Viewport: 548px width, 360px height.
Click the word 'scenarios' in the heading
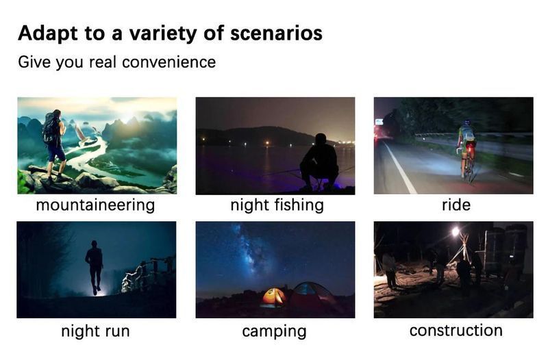coord(276,33)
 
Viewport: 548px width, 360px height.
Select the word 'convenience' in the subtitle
coord(169,62)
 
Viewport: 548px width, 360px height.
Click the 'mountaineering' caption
coord(95,205)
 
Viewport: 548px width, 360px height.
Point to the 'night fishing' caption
coord(277,205)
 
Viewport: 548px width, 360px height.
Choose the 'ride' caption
coord(456,205)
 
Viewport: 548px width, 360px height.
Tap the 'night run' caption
coord(95,331)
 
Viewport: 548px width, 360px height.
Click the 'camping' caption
coord(274,332)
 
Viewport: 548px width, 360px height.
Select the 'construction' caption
coord(456,331)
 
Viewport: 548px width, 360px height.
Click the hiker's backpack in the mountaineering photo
coord(51,128)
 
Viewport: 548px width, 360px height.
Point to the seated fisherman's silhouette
coord(319,162)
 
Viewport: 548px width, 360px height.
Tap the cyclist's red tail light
coord(469,144)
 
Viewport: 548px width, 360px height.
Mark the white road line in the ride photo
coord(399,166)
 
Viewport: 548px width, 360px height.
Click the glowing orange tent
coord(273,298)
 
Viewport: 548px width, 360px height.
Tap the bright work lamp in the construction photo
coord(456,231)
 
